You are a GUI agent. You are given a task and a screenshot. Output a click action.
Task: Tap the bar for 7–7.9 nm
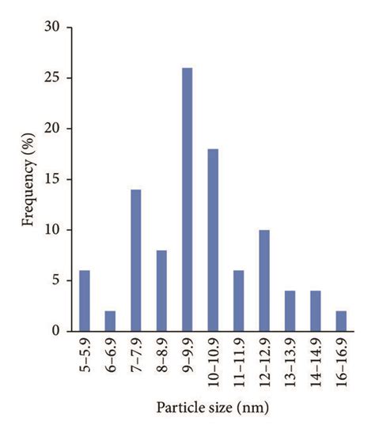[x=137, y=261]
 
